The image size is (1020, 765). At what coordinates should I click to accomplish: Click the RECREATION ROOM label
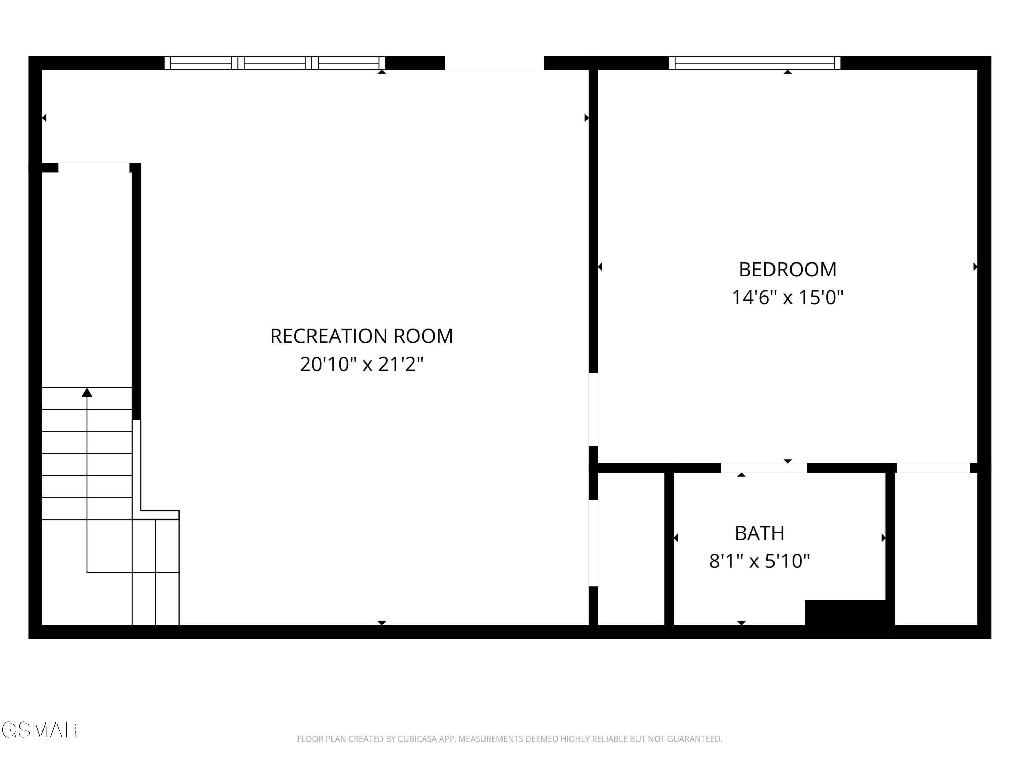pyautogui.click(x=361, y=336)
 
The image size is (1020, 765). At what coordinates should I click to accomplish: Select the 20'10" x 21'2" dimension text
pyautogui.click(x=361, y=364)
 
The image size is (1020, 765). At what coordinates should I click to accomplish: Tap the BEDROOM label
pyautogui.click(x=787, y=270)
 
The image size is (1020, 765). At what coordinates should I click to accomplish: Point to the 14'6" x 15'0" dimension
pyautogui.click(x=787, y=297)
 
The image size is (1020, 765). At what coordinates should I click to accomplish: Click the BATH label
pyautogui.click(x=760, y=533)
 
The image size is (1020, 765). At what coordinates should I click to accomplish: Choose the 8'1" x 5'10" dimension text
pyautogui.click(x=760, y=561)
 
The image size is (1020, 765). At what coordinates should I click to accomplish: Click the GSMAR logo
pyautogui.click(x=39, y=730)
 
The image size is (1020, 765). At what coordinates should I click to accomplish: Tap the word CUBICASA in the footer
pyautogui.click(x=417, y=739)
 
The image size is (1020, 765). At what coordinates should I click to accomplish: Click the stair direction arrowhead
pyautogui.click(x=87, y=392)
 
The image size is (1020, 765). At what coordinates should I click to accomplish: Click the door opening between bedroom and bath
pyautogui.click(x=764, y=468)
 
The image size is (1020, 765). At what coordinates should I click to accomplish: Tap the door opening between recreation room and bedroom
pyautogui.click(x=593, y=409)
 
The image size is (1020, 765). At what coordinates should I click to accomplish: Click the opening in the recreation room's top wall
pyautogui.click(x=494, y=63)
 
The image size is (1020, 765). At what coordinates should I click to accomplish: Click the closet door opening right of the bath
pyautogui.click(x=933, y=468)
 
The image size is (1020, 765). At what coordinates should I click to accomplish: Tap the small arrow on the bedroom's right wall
pyautogui.click(x=975, y=267)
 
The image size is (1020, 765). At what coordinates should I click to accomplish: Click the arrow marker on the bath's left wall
pyautogui.click(x=676, y=538)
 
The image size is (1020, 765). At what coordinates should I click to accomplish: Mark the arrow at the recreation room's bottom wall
pyautogui.click(x=382, y=623)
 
